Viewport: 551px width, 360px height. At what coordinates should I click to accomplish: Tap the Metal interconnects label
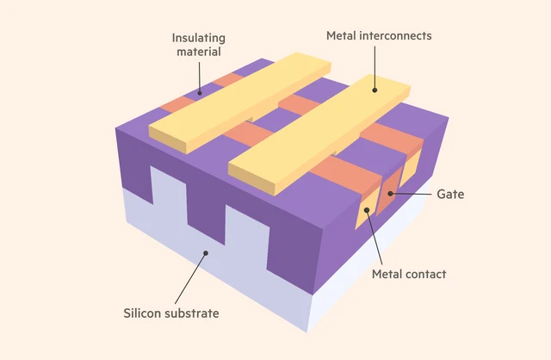[378, 35]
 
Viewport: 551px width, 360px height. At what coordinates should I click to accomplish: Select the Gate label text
[450, 195]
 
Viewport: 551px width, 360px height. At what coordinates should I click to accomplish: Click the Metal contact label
[409, 274]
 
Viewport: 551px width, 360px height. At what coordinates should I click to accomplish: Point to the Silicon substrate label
[170, 313]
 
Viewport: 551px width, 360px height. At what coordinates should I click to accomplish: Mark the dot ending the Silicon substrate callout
[205, 252]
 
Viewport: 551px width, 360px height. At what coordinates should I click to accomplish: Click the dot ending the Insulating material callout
[200, 93]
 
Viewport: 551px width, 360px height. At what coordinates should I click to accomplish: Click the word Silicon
[142, 313]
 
